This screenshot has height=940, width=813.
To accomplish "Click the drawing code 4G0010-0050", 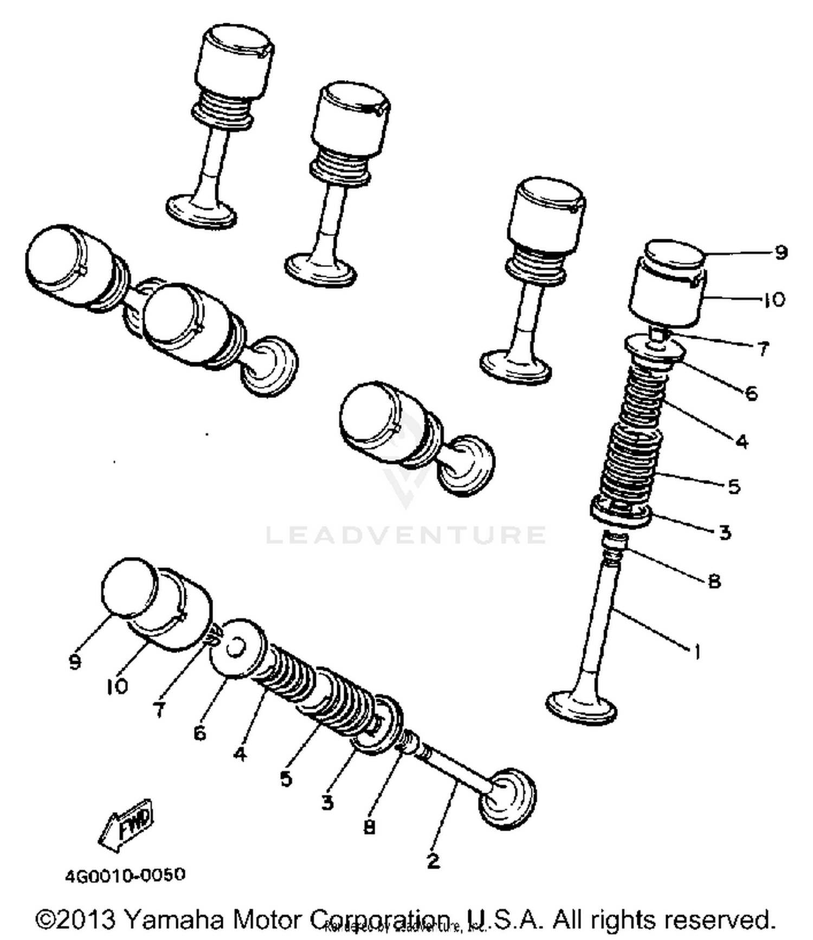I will pyautogui.click(x=125, y=875).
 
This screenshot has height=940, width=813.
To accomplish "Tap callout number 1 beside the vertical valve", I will pyautogui.click(x=697, y=651).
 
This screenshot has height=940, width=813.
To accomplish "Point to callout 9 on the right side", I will pyautogui.click(x=780, y=252).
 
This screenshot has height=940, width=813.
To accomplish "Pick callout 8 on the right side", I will pyautogui.click(x=714, y=582).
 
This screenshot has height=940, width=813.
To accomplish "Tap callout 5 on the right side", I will pyautogui.click(x=734, y=486).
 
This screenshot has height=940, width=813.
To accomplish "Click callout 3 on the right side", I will pyautogui.click(x=725, y=532).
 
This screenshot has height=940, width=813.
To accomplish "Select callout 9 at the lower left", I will pyautogui.click(x=75, y=661).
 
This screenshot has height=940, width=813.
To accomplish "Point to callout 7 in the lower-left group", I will pyautogui.click(x=159, y=709).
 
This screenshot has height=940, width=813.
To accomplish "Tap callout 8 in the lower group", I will pyautogui.click(x=369, y=827).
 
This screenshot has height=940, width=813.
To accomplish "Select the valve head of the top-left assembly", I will pyautogui.click(x=201, y=211).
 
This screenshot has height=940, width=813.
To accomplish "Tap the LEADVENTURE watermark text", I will pyautogui.click(x=405, y=535).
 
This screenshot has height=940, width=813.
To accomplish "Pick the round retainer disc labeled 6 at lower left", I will pyautogui.click(x=236, y=649).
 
